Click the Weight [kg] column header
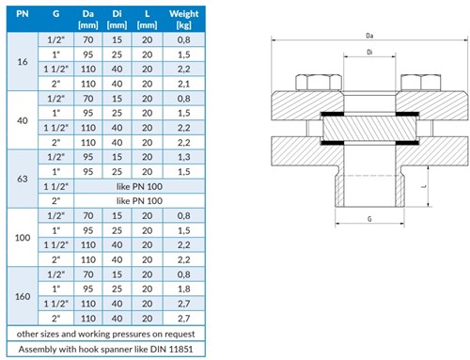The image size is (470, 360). (183, 19)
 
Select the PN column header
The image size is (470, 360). (23, 14)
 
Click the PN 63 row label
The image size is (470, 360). (23, 179)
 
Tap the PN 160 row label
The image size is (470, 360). (23, 296)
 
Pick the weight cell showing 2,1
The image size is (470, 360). (184, 84)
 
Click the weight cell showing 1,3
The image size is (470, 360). (184, 157)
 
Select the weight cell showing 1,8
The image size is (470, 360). (184, 289)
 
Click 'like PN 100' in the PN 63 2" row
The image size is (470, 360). (139, 201)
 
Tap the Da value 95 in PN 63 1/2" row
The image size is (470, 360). (88, 157)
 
